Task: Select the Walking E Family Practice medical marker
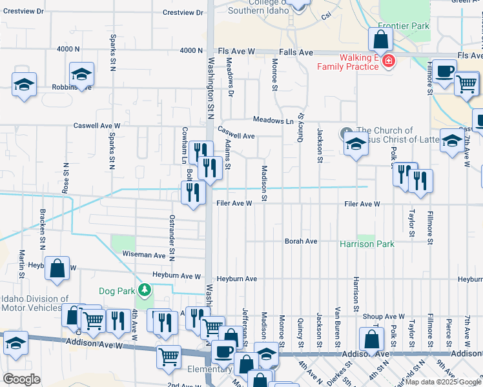[x=388, y=61]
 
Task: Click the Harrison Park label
[x=367, y=244]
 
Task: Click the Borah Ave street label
[x=302, y=241]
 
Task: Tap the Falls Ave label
[x=296, y=52]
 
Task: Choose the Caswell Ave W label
[x=97, y=126]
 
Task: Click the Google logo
[x=22, y=379]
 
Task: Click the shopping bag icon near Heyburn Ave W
[x=57, y=269]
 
